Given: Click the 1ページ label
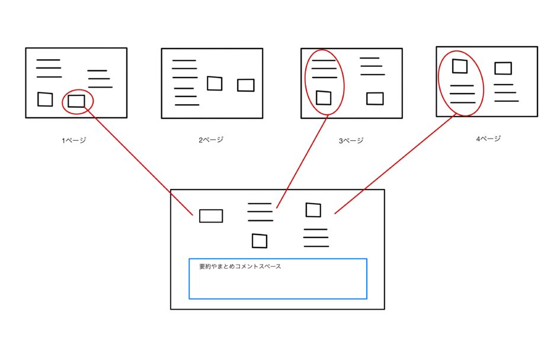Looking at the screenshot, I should coord(74,141).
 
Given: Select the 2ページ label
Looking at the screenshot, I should coord(211,140).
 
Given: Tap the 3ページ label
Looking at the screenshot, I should coord(351,140).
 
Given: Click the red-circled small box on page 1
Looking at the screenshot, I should coord(76,101).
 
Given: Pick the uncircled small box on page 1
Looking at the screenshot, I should coord(45,99).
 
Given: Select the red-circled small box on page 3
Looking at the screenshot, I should coord(323,98).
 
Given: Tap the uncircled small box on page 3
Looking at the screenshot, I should coord(374,98).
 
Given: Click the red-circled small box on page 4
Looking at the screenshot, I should coord(460,66).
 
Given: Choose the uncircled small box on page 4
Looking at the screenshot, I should coord(503,68).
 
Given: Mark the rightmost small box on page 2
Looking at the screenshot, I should coord(245,85).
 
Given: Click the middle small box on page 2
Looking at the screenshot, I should coord(215,84).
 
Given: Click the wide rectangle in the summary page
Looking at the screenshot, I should coord(211,216).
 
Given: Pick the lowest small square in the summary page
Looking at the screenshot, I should coord(259,241).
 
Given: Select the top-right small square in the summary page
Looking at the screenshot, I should coord(313,210).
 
